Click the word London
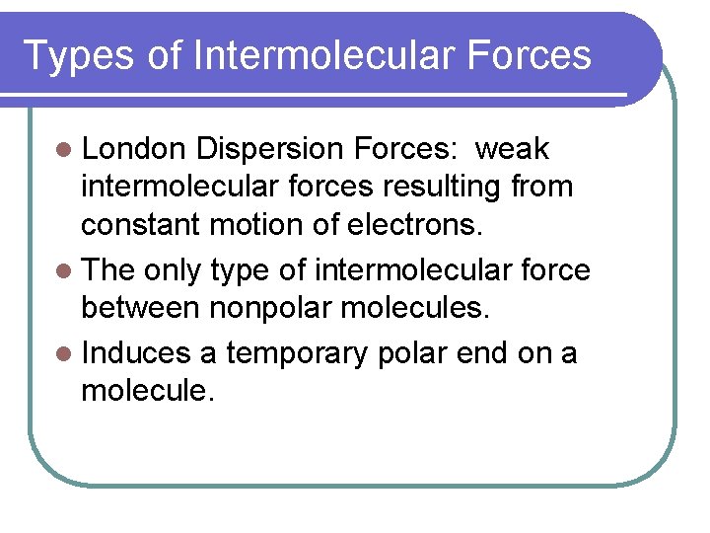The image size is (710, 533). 134,149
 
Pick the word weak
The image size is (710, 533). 513,149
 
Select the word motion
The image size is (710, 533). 255,226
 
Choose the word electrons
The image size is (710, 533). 415,226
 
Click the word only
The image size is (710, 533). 174,270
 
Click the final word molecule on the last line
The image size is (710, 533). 145,392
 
